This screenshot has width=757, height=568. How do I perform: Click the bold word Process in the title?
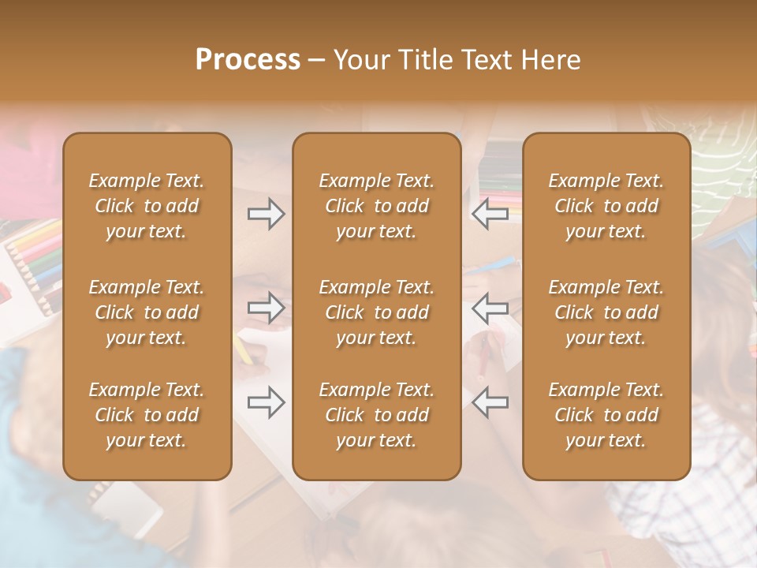[248, 60]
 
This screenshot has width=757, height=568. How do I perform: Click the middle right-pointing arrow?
[267, 308]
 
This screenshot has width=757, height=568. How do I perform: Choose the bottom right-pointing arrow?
[267, 402]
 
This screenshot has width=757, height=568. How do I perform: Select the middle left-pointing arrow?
[490, 308]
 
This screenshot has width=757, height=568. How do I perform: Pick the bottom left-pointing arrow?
[490, 402]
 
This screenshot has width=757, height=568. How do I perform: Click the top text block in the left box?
[147, 206]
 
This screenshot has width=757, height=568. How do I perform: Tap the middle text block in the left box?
[147, 312]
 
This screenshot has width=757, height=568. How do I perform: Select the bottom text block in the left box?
[147, 415]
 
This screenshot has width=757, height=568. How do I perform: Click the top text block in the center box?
[376, 206]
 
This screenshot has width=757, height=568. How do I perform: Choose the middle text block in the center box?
[376, 312]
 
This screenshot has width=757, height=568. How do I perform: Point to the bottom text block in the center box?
[376, 415]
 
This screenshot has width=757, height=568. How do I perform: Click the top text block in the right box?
[606, 206]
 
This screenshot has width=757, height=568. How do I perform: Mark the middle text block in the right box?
[606, 312]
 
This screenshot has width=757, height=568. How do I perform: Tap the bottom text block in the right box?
[606, 415]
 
